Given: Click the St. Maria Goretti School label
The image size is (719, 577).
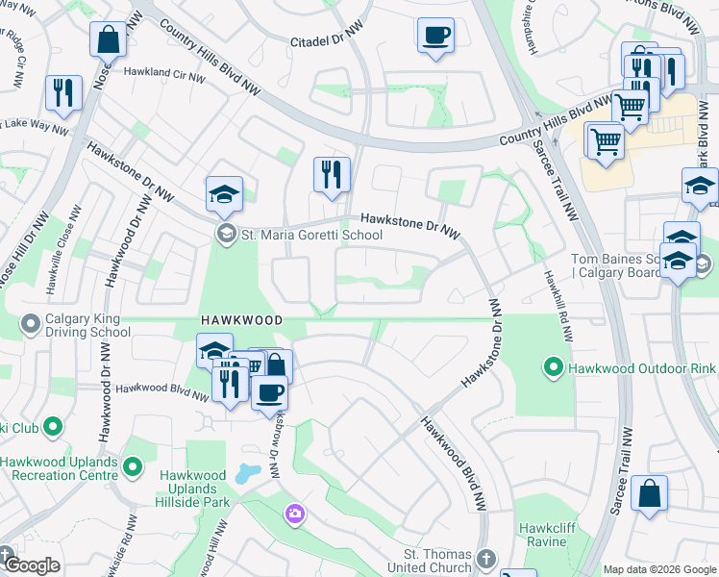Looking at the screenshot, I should (311, 235).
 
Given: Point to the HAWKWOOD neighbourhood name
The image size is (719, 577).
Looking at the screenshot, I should (241, 319).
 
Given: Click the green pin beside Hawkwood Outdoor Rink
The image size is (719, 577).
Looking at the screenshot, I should (553, 367).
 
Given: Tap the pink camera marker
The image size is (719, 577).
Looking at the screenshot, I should (294, 515).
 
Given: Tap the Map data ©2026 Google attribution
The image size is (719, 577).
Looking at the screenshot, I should (658, 569).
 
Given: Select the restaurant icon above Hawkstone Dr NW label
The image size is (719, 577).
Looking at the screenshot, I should (331, 175).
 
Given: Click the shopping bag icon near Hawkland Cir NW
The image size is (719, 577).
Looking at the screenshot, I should (108, 40).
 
